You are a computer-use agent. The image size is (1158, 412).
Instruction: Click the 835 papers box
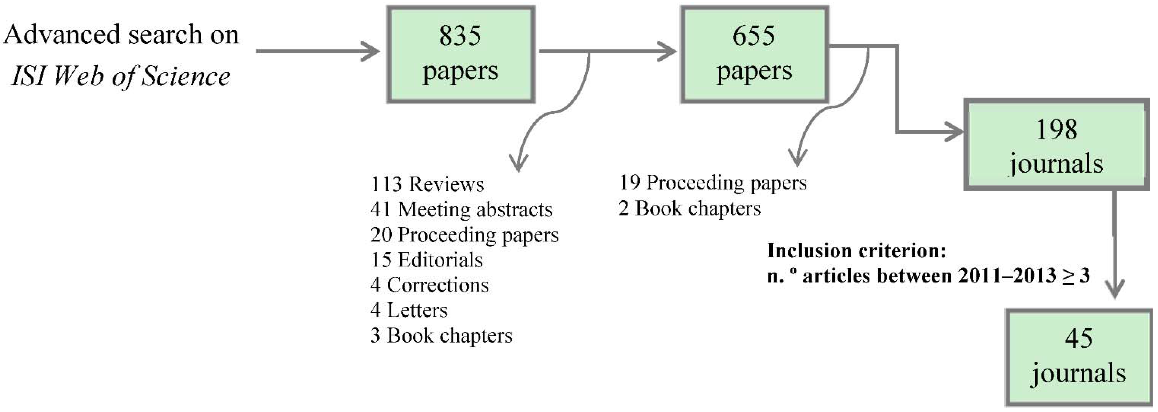point(461,54)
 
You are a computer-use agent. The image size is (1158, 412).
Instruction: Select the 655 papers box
point(754,54)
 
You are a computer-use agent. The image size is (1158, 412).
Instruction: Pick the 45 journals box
point(1078,357)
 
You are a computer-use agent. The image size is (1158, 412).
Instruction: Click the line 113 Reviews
point(427,184)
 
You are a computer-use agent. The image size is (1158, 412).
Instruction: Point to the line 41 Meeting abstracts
point(461,210)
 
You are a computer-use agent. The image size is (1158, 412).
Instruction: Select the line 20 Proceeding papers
point(464,235)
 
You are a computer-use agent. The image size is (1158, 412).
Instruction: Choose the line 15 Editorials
point(427,260)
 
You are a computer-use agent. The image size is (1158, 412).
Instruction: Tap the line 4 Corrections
point(429,285)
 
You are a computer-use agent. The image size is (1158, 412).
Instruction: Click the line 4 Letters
point(409,310)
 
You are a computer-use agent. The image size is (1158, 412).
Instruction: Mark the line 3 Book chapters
point(441,336)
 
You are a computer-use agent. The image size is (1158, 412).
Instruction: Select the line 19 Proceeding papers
point(713,183)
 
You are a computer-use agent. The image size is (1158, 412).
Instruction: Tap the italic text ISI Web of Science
point(120,76)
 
